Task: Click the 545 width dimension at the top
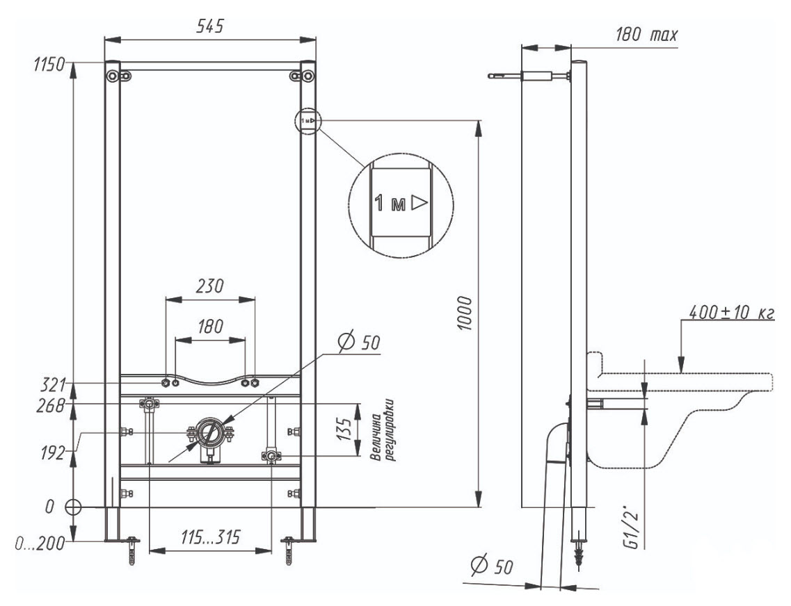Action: (x=209, y=26)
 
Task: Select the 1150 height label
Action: (x=49, y=65)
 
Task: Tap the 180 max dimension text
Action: (x=646, y=35)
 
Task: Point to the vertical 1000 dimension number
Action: (x=465, y=313)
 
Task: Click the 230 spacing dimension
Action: (x=209, y=286)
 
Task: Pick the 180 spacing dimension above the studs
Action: (x=209, y=327)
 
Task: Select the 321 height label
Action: (x=53, y=386)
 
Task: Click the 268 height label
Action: (x=51, y=406)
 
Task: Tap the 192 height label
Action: (x=52, y=453)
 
